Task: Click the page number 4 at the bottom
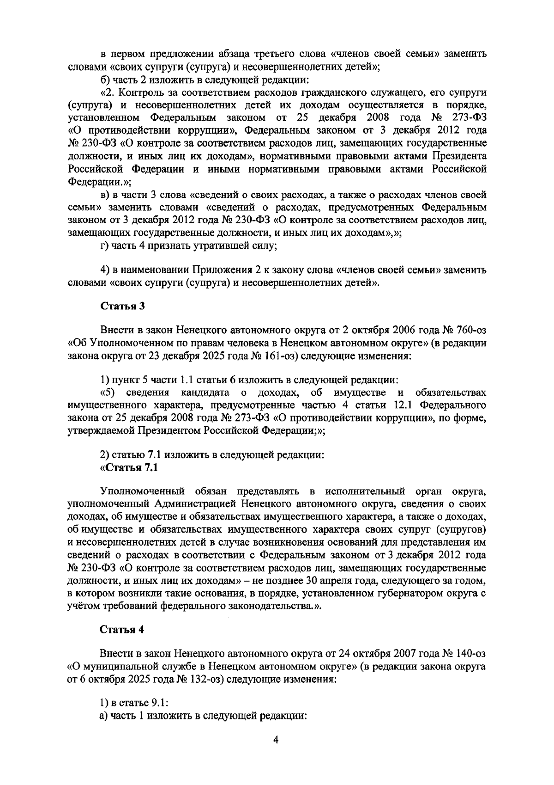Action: click(x=276, y=740)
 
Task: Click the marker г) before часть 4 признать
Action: click(x=106, y=245)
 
